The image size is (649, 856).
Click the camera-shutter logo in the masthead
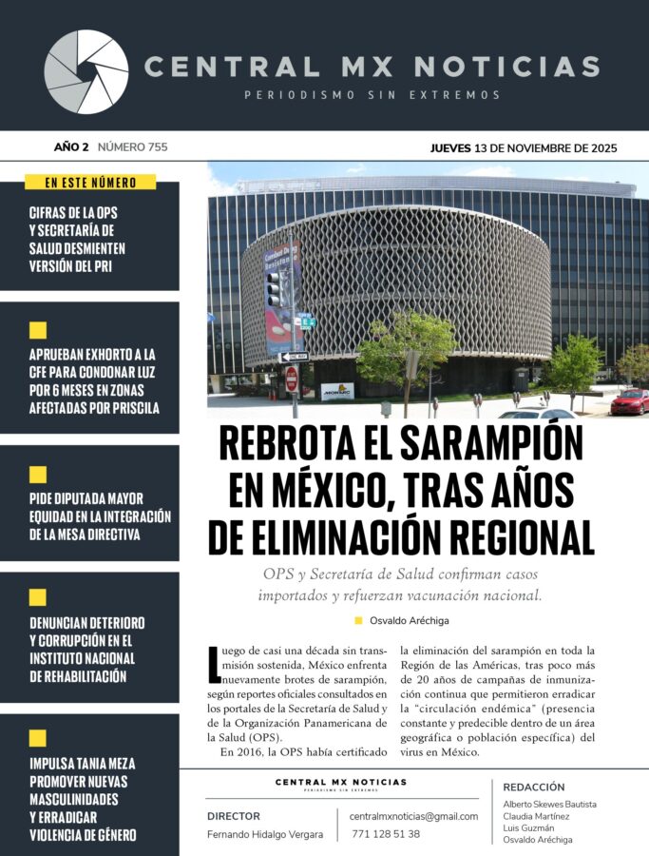click(86, 72)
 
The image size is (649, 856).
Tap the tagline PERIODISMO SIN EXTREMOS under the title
click(372, 95)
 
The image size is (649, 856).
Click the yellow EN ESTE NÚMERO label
click(90, 182)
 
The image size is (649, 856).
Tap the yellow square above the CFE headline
click(38, 331)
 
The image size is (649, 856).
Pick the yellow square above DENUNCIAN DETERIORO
click(38, 597)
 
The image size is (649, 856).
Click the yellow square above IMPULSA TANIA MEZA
click(38, 738)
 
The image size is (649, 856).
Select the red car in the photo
click(629, 401)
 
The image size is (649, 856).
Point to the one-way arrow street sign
click(294, 356)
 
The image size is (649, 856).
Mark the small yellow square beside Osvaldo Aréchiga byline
click(358, 620)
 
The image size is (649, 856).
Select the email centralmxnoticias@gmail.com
click(413, 816)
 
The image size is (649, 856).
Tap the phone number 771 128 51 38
click(386, 834)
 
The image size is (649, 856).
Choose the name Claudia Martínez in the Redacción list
click(536, 816)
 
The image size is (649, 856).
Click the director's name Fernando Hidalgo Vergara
click(264, 834)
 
